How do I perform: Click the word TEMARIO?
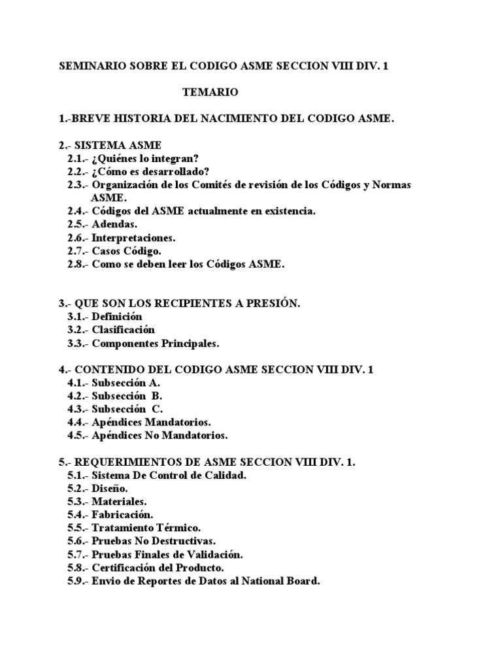click(x=210, y=93)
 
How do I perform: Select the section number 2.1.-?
click(x=78, y=159)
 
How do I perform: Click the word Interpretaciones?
click(x=133, y=238)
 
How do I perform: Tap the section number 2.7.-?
click(x=78, y=251)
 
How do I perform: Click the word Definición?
click(x=116, y=316)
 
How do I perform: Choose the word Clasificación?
click(x=123, y=330)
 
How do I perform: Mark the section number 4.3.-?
click(x=78, y=409)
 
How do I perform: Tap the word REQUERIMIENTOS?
click(x=124, y=461)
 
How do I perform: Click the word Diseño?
click(x=109, y=488)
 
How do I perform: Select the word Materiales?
click(x=119, y=501)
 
